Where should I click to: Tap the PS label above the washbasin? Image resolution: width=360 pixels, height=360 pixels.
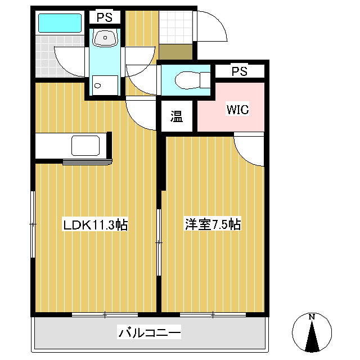tap(105, 17)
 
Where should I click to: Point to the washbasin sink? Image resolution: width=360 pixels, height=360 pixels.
tap(105, 38)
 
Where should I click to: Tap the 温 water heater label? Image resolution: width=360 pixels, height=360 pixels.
tap(177, 116)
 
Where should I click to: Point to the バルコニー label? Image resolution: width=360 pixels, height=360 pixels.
tap(149, 334)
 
